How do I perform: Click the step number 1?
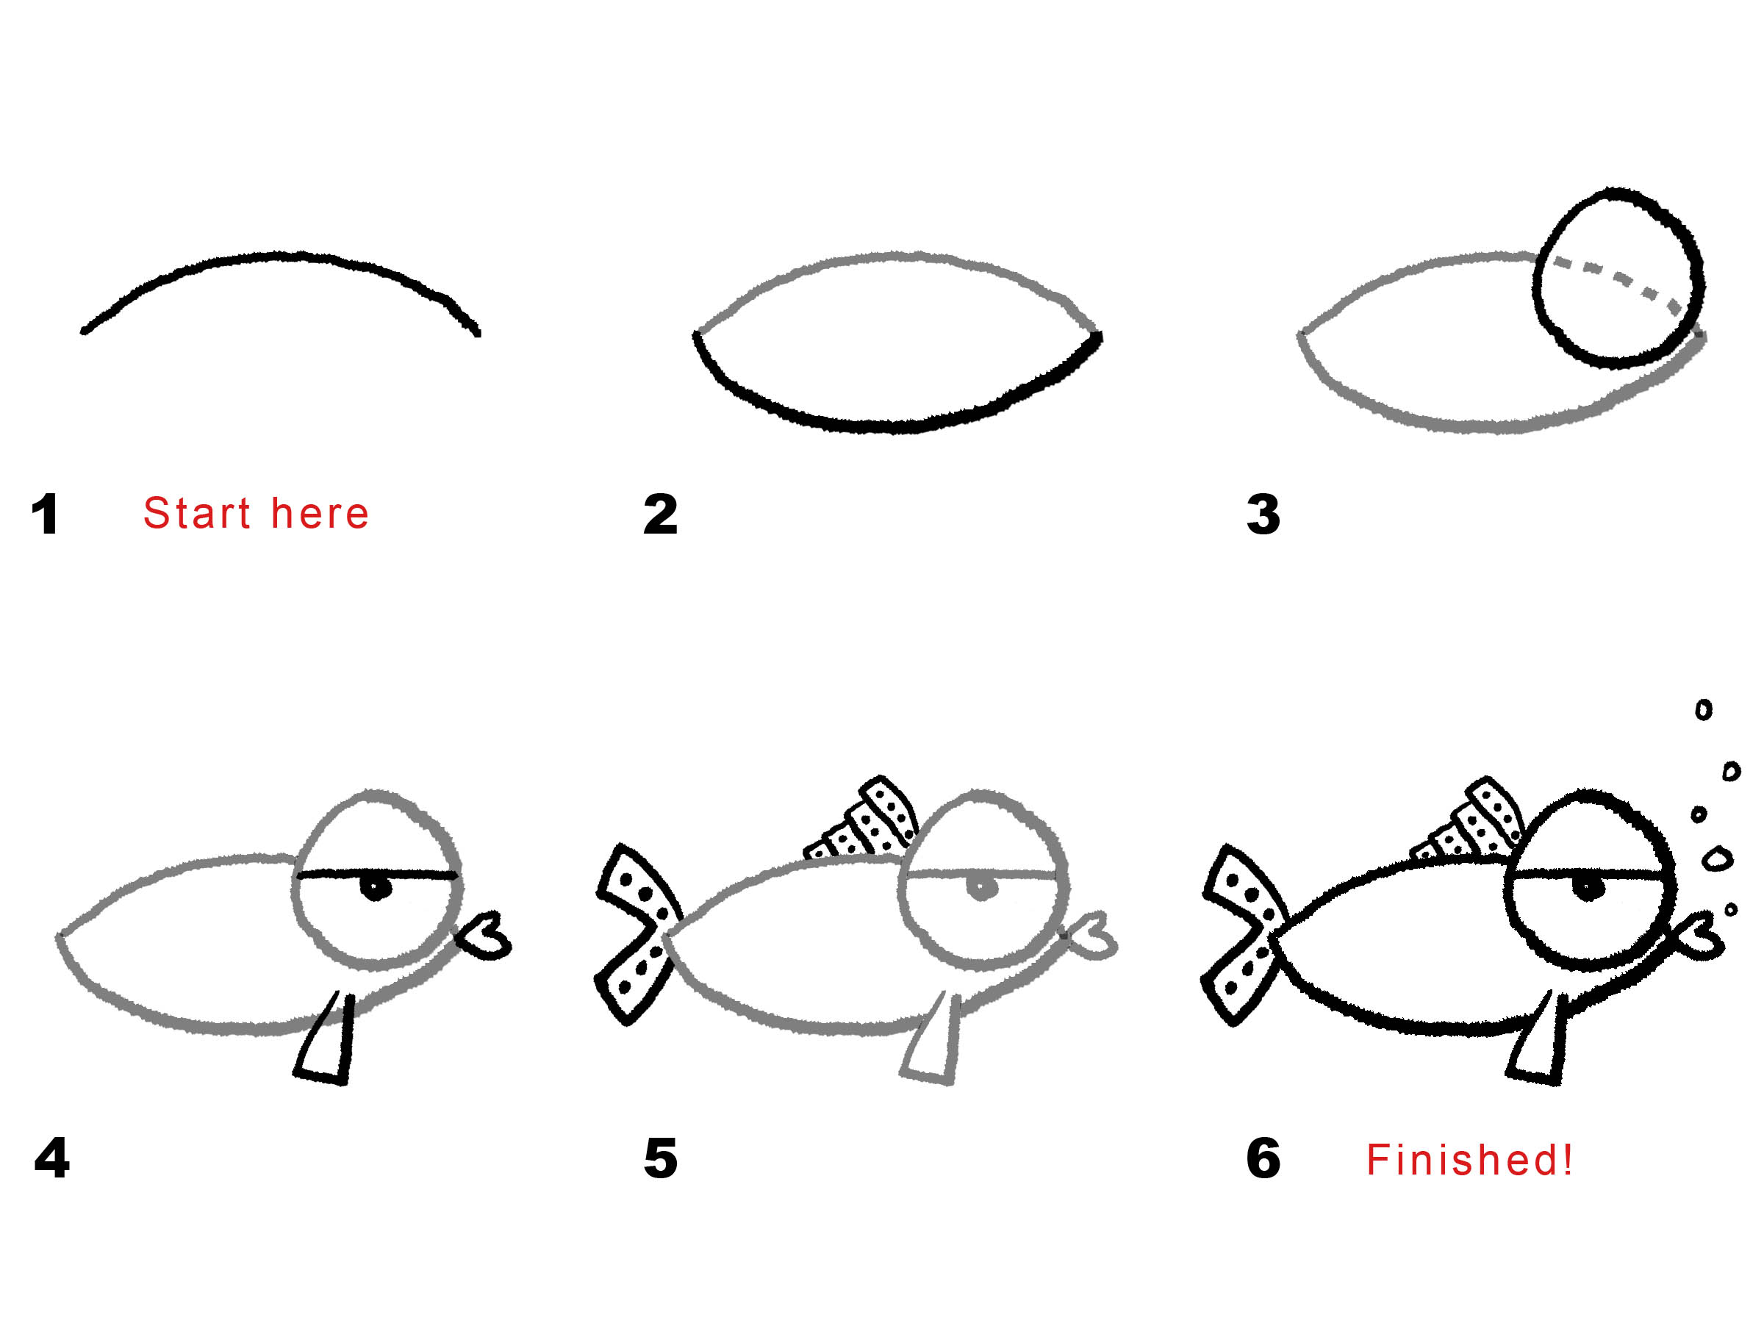click(46, 514)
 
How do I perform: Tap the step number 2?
click(660, 514)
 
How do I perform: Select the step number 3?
click(1263, 514)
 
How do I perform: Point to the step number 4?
click(52, 1158)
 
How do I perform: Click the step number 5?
click(660, 1158)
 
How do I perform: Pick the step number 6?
click(1263, 1158)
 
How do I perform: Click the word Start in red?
click(197, 513)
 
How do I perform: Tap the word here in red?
click(320, 513)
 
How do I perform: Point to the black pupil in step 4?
click(375, 888)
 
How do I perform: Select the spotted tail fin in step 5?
click(638, 933)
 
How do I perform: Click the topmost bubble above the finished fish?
click(1704, 709)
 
